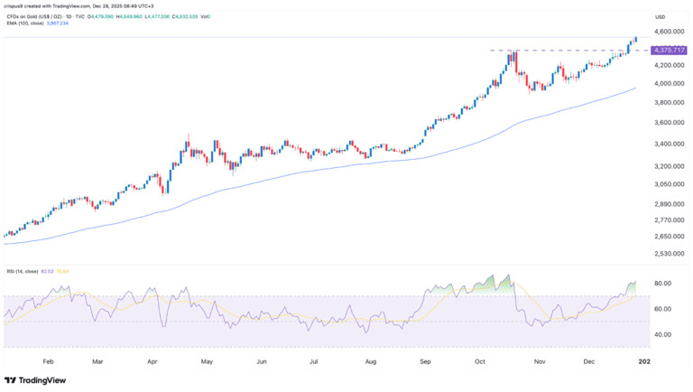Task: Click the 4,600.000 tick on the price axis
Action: pos(666,32)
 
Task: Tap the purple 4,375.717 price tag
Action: pos(666,50)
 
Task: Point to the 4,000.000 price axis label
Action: pos(666,84)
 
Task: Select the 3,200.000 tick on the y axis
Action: pos(666,166)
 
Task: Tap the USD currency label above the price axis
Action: pos(660,17)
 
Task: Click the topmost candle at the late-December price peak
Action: pos(636,39)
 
